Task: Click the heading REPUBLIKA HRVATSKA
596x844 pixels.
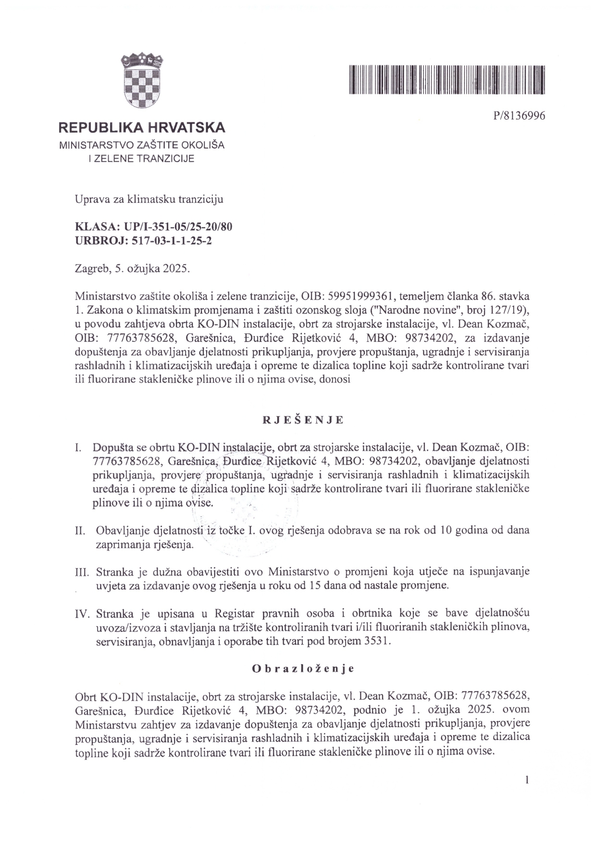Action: pyautogui.click(x=142, y=128)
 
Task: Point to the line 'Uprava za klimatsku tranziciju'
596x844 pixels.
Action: pyautogui.click(x=149, y=199)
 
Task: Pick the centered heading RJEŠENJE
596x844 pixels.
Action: pyautogui.click(x=303, y=419)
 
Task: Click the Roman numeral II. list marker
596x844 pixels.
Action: pyautogui.click(x=80, y=531)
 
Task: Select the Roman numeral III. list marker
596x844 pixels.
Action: pyautogui.click(x=82, y=572)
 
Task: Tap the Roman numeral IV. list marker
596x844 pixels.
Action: pyautogui.click(x=82, y=614)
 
